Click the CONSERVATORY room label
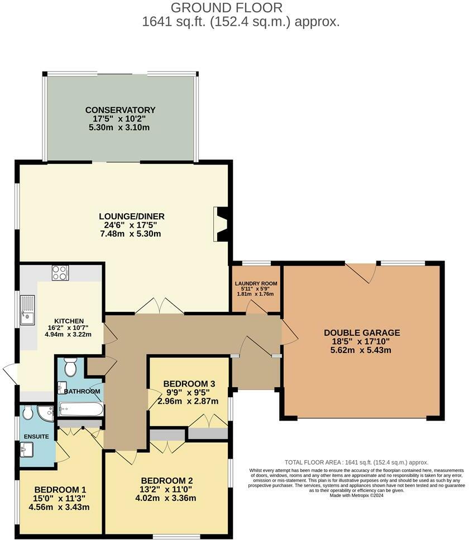120,110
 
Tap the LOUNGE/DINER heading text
132,216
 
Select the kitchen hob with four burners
60,273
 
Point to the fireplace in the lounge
222,224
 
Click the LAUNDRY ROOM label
256,284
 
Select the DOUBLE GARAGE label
362,333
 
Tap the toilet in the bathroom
70,368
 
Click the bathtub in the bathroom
81,411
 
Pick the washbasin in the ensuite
27,449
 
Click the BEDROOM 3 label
189,384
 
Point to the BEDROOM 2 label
167,481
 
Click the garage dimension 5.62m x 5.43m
362,350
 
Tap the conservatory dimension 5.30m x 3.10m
120,128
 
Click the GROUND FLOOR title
226,8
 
